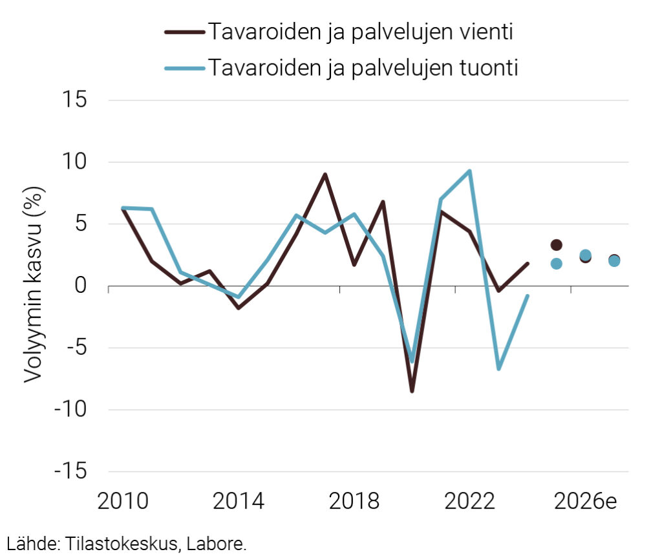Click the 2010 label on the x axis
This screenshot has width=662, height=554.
[x=122, y=502]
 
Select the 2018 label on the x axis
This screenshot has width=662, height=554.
[x=354, y=502]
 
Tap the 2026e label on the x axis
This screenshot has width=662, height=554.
[x=584, y=502]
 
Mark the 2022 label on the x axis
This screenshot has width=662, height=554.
[x=469, y=502]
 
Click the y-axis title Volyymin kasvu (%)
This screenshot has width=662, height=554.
[x=32, y=286]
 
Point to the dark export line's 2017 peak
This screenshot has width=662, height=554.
[x=325, y=174]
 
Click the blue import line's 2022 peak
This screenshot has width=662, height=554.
[x=469, y=171]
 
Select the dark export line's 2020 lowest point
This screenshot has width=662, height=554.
[x=412, y=391]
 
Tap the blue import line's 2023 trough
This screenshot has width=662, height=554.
[x=498, y=369]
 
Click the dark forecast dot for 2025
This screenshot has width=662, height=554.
[x=556, y=245]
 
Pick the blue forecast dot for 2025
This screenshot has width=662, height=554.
[x=556, y=264]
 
